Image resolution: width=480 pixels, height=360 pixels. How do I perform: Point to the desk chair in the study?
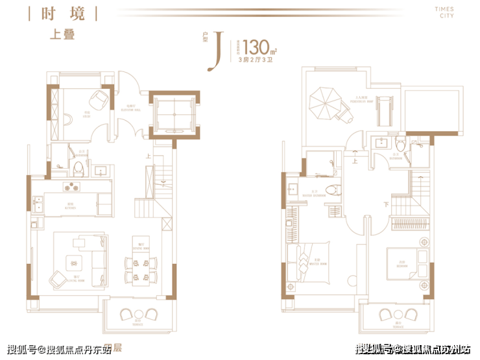pyautogui.click(x=99, y=100)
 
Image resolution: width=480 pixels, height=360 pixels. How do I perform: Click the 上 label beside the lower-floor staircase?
pyautogui.click(x=149, y=156)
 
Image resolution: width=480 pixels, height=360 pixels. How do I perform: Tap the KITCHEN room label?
pyautogui.click(x=70, y=205)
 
